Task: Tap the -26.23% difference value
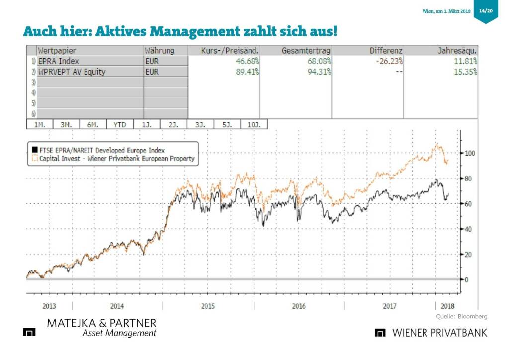pos(389,61)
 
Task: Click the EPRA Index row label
pos(59,61)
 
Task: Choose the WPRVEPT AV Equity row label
pos(72,72)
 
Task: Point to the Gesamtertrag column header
pos(306,51)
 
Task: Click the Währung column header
pos(160,51)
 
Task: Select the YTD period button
pos(120,124)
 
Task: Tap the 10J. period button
pos(254,124)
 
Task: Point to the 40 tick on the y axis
pos(469,229)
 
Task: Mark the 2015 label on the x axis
pos(208,306)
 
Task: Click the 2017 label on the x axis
pos(390,306)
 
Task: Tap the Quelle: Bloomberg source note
pos(462,317)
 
